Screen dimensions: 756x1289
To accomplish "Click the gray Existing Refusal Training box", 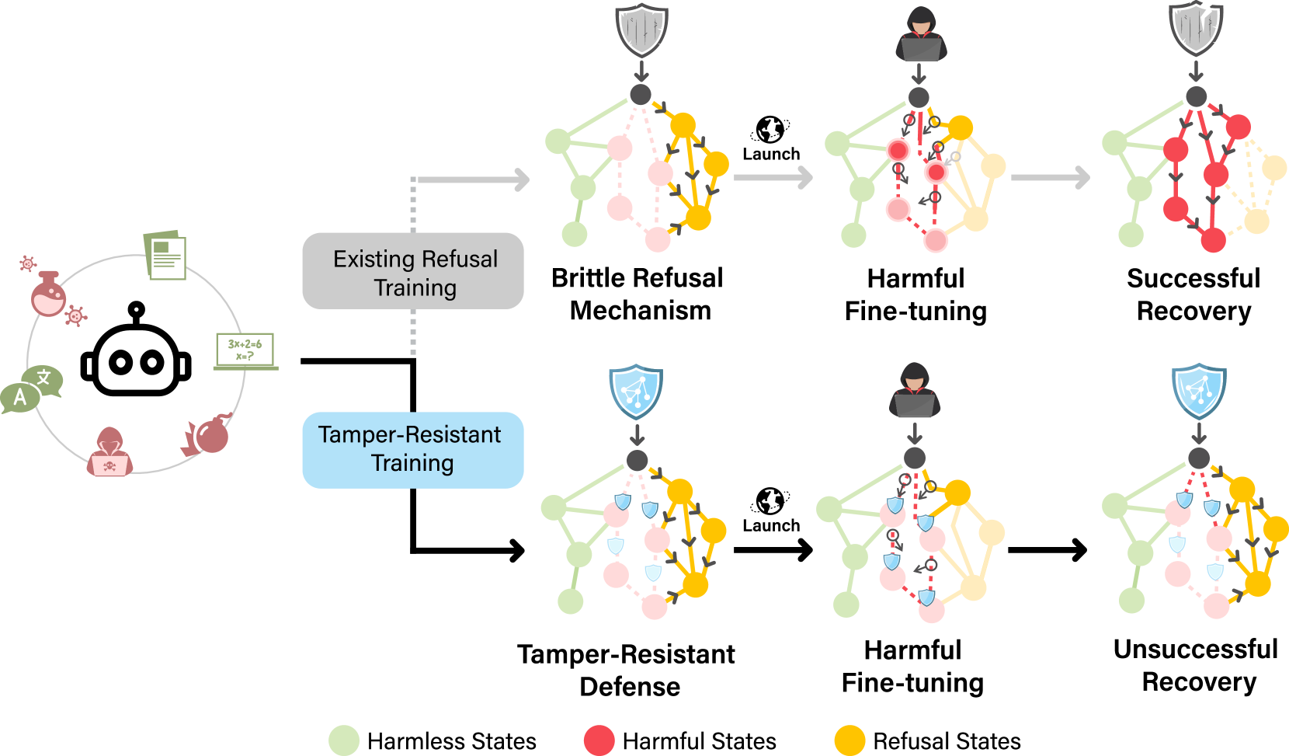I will coord(412,271).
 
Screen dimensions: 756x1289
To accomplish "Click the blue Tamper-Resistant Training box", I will coord(412,450).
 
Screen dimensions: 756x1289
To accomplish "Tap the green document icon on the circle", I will coord(165,255).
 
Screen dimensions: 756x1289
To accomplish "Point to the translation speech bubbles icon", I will coord(31,388).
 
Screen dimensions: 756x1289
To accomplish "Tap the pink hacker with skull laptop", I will coord(109,452).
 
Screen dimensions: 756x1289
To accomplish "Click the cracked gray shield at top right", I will coord(1196,29).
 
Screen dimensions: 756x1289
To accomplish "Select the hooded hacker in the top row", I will coord(921,35).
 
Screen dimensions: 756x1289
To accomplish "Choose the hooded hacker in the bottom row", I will coord(915,391).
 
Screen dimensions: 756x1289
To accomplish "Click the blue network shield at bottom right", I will coord(1199,390).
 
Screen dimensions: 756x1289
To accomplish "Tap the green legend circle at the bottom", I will coord(344,740).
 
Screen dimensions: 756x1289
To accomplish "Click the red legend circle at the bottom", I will coord(599,740).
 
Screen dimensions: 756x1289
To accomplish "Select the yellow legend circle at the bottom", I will coord(849,740).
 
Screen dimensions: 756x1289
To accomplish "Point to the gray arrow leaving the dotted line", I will coord(474,180).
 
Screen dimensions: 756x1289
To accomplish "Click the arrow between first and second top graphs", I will coord(773,178).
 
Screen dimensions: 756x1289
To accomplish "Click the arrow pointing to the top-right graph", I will coord(1050,178).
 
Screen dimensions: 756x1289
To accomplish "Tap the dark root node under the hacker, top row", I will coord(919,98).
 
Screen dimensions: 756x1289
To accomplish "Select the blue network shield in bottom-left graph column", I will coord(636,391).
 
